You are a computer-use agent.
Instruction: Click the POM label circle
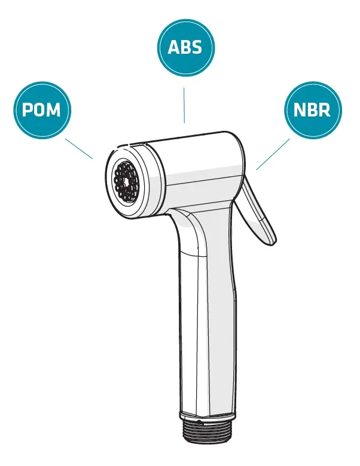point(42,110)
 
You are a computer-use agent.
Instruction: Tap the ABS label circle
point(185,47)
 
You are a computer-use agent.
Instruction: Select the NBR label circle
point(313,110)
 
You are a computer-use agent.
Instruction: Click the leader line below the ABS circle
point(184,105)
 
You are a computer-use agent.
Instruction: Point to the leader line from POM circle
point(79,149)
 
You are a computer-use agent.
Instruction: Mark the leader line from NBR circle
point(273,154)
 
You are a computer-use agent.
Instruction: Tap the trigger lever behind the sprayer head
point(257,212)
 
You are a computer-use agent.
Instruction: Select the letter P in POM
point(27,110)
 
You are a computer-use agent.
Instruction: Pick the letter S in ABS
point(197,47)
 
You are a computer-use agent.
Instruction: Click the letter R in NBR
point(325,110)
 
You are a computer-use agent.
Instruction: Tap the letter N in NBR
point(300,110)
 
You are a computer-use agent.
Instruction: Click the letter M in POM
point(53,110)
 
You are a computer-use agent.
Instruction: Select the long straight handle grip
point(208,327)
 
